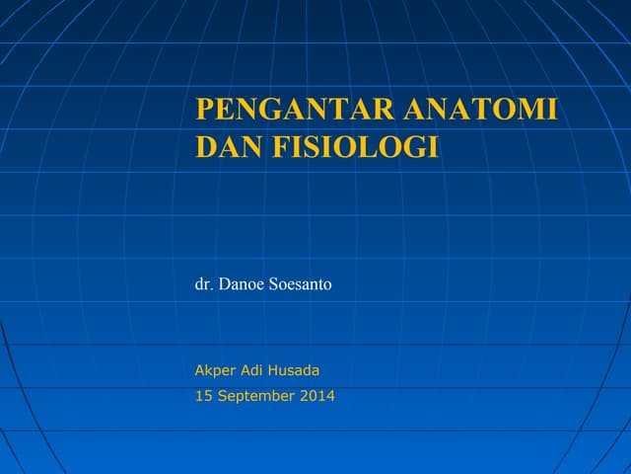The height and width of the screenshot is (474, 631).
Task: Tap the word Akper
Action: tap(215, 371)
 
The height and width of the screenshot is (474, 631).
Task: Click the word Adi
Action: tap(253, 371)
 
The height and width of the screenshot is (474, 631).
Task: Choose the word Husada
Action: tap(296, 371)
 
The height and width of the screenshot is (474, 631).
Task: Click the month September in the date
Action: tap(253, 397)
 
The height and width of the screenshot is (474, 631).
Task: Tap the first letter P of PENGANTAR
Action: tap(205, 110)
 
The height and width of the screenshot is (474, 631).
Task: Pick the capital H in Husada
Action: tap(275, 371)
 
